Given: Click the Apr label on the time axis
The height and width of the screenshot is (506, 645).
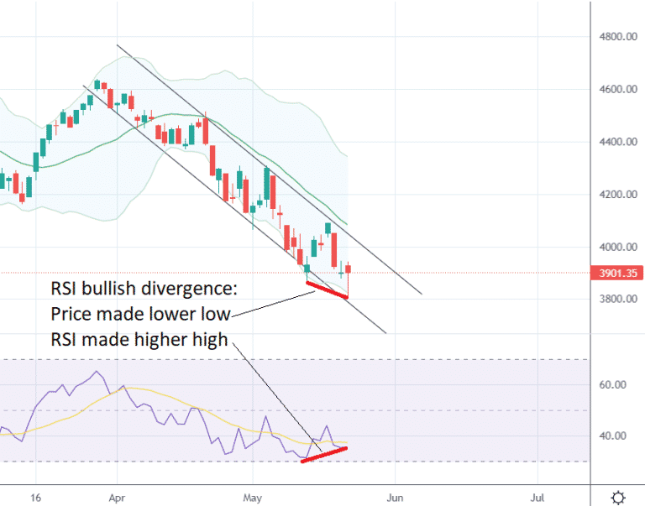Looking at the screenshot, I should (118, 497).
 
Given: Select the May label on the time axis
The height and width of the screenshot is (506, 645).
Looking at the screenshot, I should (254, 497).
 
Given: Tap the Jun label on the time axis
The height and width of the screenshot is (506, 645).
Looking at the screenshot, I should (392, 497).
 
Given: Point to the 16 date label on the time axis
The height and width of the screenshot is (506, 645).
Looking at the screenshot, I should (35, 497).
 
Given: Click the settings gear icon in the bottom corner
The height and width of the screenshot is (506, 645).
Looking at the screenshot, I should (618, 497).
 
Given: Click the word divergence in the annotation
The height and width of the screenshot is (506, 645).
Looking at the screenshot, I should (187, 290).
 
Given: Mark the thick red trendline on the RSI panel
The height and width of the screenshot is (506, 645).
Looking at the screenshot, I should (324, 454).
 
